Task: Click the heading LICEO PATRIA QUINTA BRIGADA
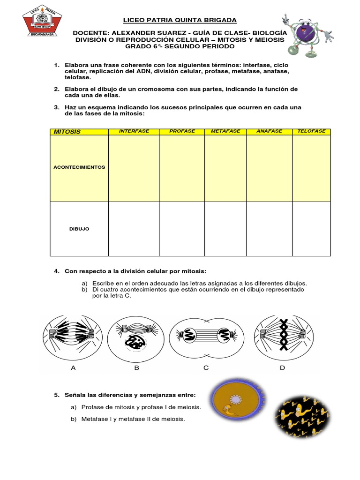(x=180, y=20)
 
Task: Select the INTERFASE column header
(x=134, y=131)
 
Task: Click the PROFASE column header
(x=182, y=131)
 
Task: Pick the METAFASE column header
(x=225, y=131)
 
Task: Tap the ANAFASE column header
(x=269, y=131)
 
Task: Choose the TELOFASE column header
(x=311, y=131)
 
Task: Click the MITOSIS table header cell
(x=67, y=132)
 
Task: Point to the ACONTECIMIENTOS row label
(x=79, y=167)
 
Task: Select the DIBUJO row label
(x=79, y=229)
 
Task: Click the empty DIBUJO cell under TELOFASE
(x=311, y=229)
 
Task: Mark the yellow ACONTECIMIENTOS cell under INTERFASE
(x=134, y=168)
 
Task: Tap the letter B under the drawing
(x=137, y=368)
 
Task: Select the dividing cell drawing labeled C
(x=206, y=335)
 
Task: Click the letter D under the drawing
(x=282, y=368)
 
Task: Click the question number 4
(x=56, y=271)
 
